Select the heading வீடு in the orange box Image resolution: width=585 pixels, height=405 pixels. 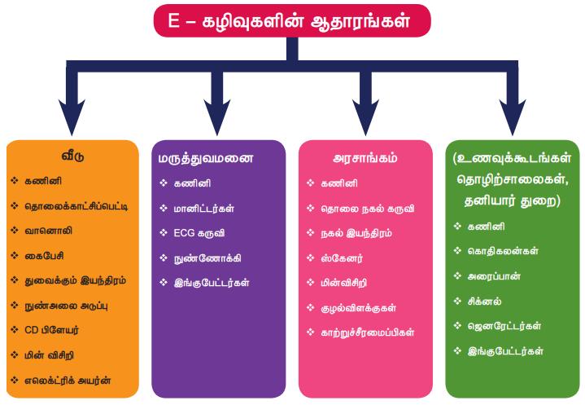click(73, 156)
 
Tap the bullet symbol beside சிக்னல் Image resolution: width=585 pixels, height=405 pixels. click(458, 302)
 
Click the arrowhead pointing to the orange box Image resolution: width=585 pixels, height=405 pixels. click(73, 114)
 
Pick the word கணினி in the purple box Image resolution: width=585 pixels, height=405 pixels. click(190, 183)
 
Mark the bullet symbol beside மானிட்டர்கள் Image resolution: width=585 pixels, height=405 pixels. click(164, 208)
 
